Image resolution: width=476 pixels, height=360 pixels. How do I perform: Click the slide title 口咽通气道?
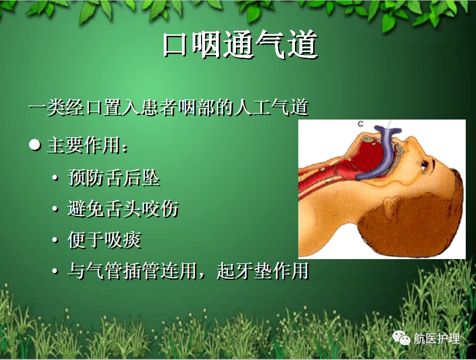240,45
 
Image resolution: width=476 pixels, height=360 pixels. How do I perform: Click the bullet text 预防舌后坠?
114,178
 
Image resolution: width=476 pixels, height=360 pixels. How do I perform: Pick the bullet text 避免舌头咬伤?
123,209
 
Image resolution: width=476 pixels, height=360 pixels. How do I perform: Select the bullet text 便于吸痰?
104,240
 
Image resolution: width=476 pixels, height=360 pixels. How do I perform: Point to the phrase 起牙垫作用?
262,271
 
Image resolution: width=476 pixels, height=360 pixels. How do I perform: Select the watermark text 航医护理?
436,339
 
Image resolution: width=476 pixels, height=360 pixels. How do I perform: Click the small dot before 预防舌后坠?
56,179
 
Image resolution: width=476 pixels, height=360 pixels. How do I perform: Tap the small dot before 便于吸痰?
56,241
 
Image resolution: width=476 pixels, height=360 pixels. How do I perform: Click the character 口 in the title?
174,45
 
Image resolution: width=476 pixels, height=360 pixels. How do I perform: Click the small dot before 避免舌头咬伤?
56,210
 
